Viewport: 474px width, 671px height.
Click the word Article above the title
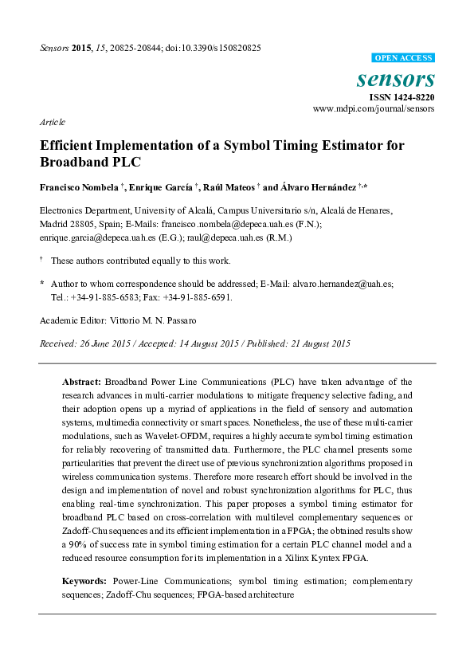[x=52, y=122]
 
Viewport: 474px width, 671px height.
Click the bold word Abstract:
[x=82, y=383]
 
